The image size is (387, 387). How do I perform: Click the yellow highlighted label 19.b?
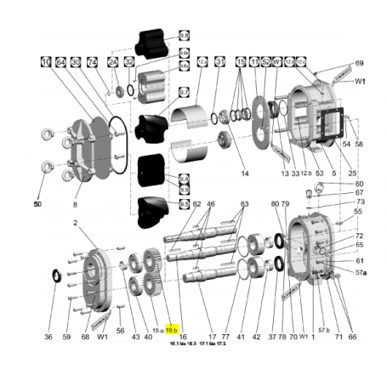pyautogui.click(x=170, y=328)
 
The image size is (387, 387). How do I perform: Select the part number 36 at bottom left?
pyautogui.click(x=48, y=337)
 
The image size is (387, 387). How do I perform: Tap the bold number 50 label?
pyautogui.click(x=37, y=205)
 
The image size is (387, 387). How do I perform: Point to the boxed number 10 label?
pyautogui.click(x=43, y=62)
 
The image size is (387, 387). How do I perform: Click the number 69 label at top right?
pyautogui.click(x=359, y=64)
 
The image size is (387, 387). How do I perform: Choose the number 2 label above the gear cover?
pyautogui.click(x=75, y=223)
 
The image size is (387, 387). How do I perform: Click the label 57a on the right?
pyautogui.click(x=361, y=270)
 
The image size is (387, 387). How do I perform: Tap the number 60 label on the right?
pyautogui.click(x=359, y=184)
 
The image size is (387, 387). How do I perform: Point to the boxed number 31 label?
pyautogui.click(x=219, y=62)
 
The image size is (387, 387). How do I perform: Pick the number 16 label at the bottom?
pyautogui.click(x=183, y=337)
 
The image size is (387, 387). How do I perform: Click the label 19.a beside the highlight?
pyautogui.click(x=157, y=328)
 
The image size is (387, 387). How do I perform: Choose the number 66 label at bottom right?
pyautogui.click(x=352, y=337)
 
